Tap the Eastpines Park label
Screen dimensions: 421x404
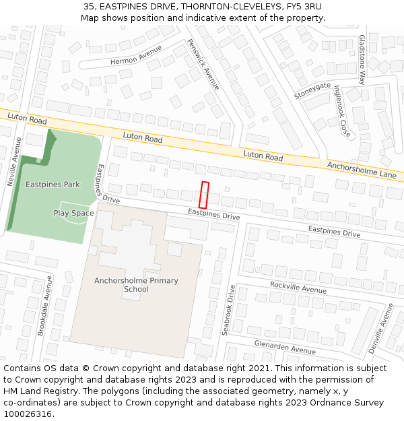[x=53, y=184]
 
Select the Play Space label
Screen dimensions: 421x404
[x=74, y=214]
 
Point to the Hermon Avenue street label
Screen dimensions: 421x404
[x=137, y=59]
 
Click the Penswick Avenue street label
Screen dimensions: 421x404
[x=203, y=65]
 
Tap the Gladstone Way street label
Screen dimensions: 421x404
[x=362, y=59]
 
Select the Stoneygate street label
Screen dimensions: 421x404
[x=312, y=90]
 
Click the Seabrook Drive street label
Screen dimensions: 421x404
[x=228, y=311]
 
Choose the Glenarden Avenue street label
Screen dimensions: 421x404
[x=285, y=347]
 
